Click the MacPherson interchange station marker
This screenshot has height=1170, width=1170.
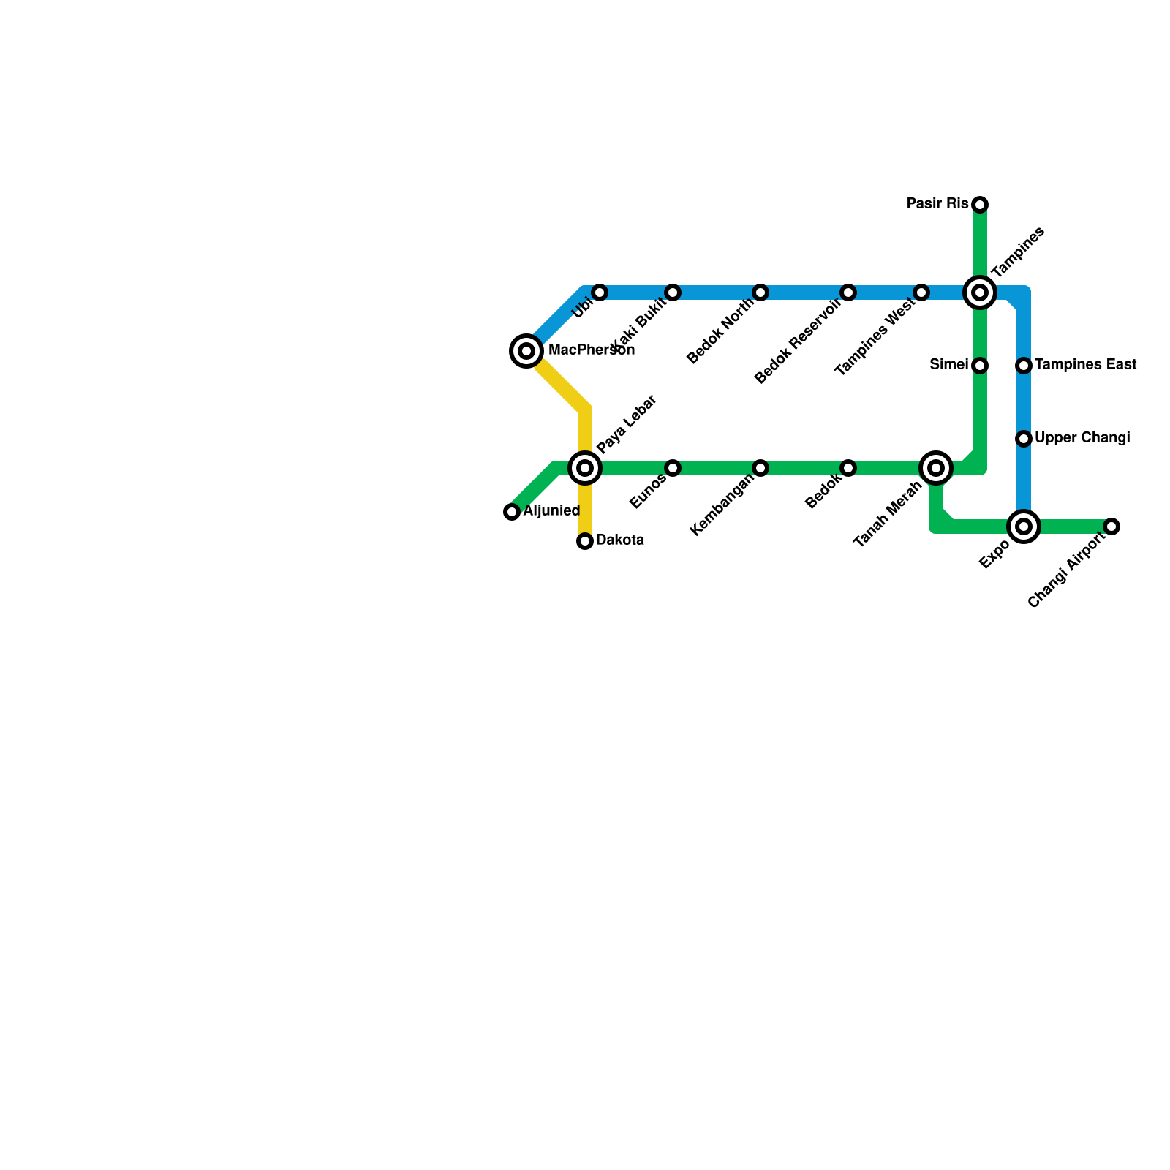tap(526, 351)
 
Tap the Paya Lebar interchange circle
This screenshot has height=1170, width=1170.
tap(585, 468)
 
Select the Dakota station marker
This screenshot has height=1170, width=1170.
tap(585, 541)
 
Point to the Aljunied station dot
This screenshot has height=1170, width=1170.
tap(512, 512)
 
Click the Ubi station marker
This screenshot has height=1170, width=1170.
tap(600, 292)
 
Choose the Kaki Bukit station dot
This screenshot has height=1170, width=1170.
tap(673, 292)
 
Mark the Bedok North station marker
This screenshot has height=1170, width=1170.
tap(760, 292)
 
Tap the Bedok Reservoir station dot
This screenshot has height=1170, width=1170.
tap(848, 292)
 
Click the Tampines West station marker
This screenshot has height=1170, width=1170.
tap(921, 292)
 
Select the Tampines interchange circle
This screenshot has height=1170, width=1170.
tap(980, 292)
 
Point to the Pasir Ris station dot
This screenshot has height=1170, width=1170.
tap(980, 204)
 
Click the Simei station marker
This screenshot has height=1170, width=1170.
tap(980, 365)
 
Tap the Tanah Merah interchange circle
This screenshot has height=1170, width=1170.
tap(936, 468)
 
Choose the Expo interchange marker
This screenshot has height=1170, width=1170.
tap(1024, 526)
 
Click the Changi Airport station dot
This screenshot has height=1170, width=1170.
tap(1111, 526)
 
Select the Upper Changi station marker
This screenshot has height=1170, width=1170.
tap(1024, 439)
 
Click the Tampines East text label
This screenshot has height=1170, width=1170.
tap(1086, 365)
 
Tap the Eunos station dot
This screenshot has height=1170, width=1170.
tap(673, 468)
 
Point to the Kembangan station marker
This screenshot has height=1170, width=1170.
tap(760, 468)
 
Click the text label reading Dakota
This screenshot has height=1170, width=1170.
tap(620, 541)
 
